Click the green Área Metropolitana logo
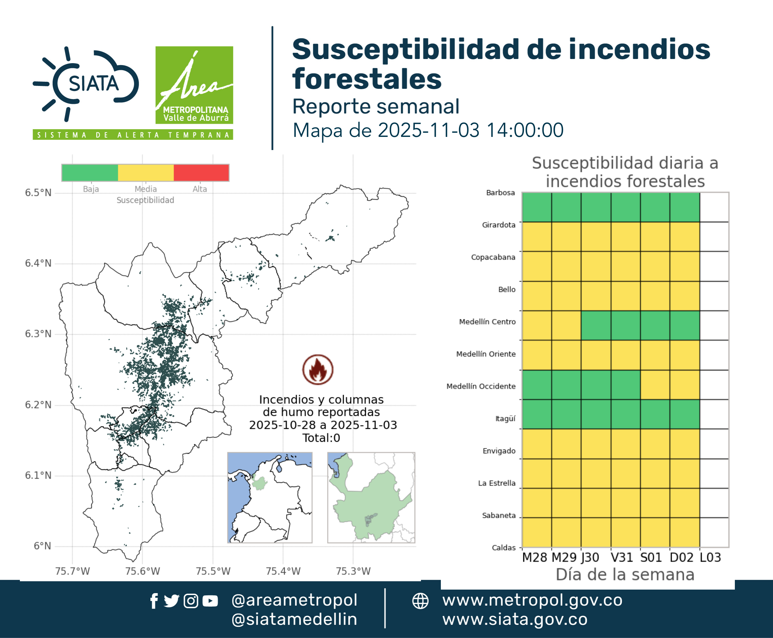point(194,85)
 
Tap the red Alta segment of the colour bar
point(201,173)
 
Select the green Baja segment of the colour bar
point(90,173)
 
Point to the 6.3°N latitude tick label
point(38,334)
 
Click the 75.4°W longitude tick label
point(283,571)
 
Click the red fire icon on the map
point(318,369)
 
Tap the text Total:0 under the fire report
point(321,438)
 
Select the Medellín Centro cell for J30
point(596,325)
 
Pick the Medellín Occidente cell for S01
point(655,385)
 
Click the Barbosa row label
point(500,193)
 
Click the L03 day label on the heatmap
point(710,558)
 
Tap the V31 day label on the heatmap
point(622,558)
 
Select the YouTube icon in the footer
point(210,601)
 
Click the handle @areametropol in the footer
point(294,600)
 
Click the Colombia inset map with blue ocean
point(270,498)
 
